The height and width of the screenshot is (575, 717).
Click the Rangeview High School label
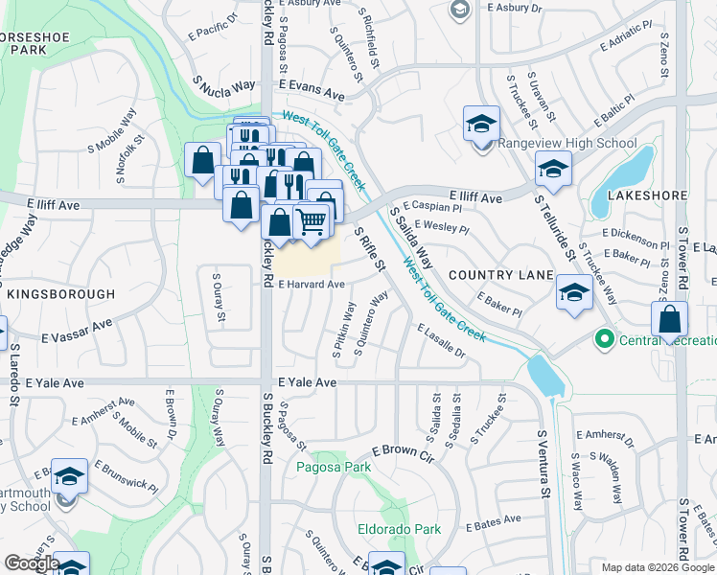point(567,145)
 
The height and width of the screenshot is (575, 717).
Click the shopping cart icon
point(311,222)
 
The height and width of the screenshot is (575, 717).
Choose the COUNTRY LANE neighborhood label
point(500,275)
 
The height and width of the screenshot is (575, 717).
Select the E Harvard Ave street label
point(312,285)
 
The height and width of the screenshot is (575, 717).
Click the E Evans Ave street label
point(312,95)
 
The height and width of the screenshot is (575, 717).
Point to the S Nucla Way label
point(223,84)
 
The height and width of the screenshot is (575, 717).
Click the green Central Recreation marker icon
point(605,338)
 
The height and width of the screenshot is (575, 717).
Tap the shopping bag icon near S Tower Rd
point(671,318)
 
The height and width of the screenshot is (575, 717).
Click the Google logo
point(32,563)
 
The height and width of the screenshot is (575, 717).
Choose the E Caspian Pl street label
point(432,206)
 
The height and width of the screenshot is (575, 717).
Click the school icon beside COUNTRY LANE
point(573,292)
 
